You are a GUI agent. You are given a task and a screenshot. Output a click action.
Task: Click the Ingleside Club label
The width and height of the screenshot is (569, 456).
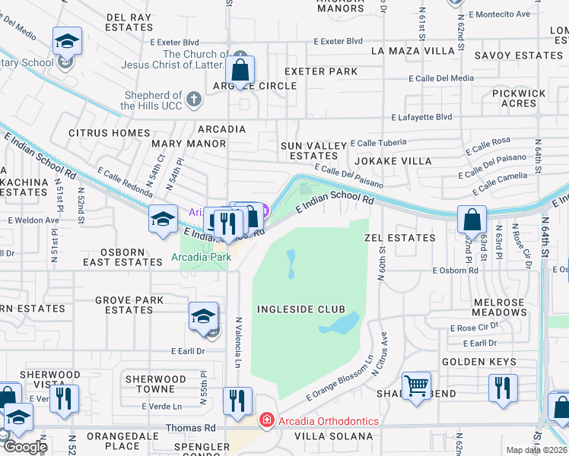pos(300,309)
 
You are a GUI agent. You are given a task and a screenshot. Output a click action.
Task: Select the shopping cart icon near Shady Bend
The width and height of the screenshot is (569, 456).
pos(416,386)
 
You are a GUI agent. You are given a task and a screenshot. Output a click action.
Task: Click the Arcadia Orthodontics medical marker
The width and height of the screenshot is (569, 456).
pos(266,420)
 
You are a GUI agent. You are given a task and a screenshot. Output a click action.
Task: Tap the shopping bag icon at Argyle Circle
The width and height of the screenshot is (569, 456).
pos(240,71)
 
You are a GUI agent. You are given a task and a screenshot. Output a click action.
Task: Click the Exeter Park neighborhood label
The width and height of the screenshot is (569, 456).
pos(320,71)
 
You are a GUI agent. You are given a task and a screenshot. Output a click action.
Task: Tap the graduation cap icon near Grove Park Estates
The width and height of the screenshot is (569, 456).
pos(204,317)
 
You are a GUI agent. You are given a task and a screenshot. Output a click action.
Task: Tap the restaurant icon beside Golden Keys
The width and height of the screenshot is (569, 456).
pos(503,388)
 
